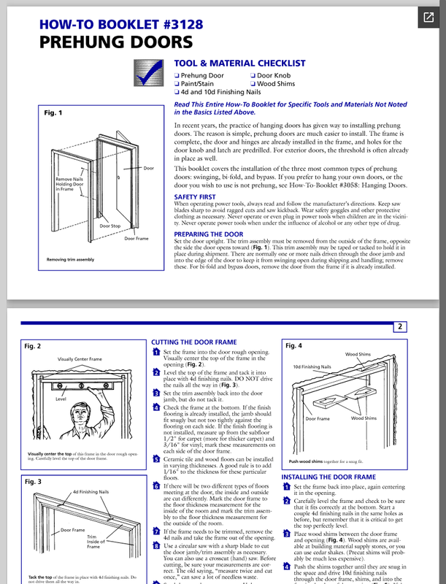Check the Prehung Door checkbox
point(177,75)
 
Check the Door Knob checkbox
point(253,75)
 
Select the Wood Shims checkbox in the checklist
point(253,84)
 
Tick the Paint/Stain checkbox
point(177,84)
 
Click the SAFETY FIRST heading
point(195,197)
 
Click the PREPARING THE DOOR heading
point(209,234)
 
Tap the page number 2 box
point(401,327)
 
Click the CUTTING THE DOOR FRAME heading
point(195,342)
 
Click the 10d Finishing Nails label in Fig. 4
point(312,366)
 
